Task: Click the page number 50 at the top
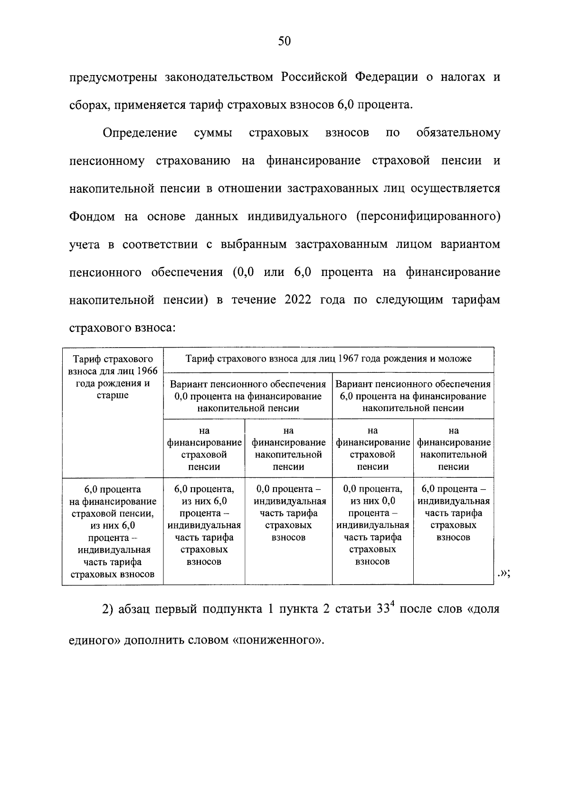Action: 284,42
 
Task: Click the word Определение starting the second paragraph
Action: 140,133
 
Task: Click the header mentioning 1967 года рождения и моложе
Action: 328,359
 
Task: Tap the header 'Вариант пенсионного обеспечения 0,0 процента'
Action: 248,396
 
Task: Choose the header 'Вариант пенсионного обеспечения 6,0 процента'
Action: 413,396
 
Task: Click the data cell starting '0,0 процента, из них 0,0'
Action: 372,525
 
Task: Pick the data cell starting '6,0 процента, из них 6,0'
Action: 204,525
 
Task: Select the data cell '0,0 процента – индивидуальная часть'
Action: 288,513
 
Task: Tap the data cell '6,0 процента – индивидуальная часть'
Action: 453,513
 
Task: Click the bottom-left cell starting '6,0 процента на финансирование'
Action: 113,531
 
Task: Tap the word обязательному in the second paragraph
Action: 458,133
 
